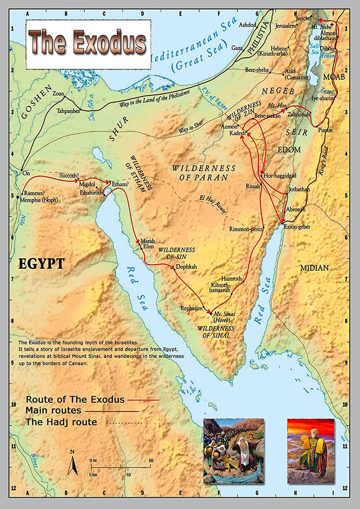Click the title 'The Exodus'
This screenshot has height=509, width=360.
pos(88,43)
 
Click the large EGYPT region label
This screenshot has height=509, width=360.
pos(41,263)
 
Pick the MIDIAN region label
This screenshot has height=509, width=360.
pos(314,268)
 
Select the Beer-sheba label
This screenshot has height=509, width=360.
pos(257,70)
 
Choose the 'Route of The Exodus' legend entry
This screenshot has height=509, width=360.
pos(75,400)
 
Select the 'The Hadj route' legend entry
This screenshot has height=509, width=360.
pos(61,422)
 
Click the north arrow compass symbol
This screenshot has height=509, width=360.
pos(73,463)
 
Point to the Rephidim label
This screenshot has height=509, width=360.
pos(192,308)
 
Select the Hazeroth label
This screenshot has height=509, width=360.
pos(232,279)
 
